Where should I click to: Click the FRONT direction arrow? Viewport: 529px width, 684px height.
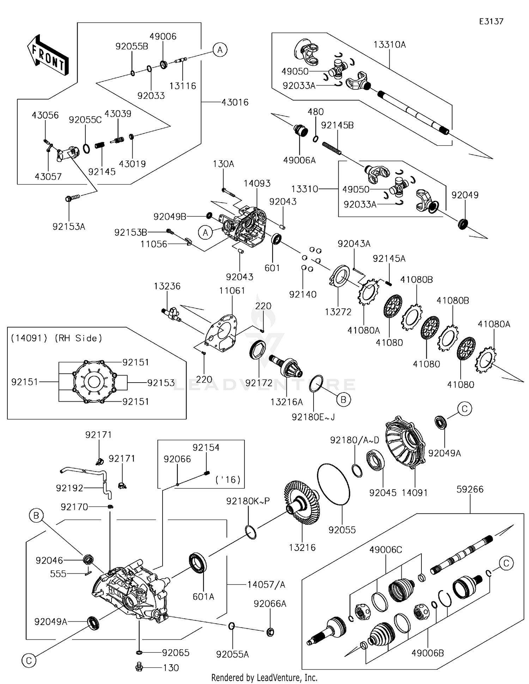click(x=48, y=55)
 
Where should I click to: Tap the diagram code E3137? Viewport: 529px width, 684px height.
click(x=491, y=22)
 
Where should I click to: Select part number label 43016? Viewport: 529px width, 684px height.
click(x=235, y=102)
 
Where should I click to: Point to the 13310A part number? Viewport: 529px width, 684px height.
click(x=390, y=44)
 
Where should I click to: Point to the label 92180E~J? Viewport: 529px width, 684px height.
click(x=313, y=417)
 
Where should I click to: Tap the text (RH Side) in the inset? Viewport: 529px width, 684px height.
click(x=78, y=338)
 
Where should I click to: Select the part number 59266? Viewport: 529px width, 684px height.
click(x=470, y=490)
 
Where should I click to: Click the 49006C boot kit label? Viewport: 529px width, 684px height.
click(x=385, y=550)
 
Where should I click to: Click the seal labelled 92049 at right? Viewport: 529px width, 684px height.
click(x=463, y=224)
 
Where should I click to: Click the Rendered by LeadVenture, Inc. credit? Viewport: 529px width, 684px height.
click(x=264, y=678)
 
